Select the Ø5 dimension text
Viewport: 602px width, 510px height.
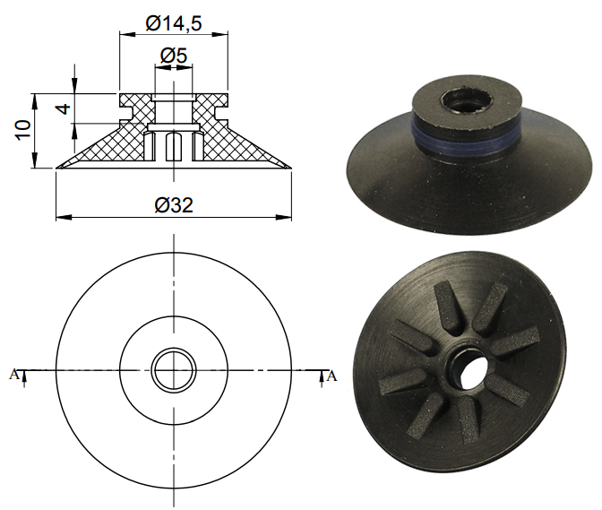[x=174, y=56]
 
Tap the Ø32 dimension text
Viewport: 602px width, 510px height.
[x=174, y=204]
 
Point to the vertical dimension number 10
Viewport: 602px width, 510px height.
[x=24, y=129]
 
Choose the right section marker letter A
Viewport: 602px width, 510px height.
[x=331, y=375]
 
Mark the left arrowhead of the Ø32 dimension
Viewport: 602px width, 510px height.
[x=60, y=217]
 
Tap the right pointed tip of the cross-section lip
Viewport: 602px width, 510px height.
[x=290, y=167]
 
